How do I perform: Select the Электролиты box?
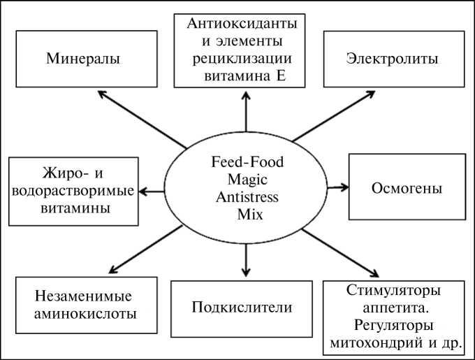coord(393,59)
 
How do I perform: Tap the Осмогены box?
coord(407,188)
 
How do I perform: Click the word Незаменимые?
coord(86,296)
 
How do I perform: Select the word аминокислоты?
coord(86,313)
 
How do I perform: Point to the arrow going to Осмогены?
coord(336,187)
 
